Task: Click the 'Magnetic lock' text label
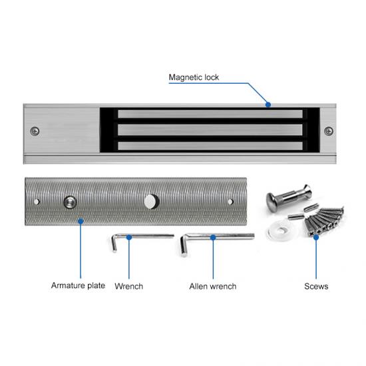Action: pyautogui.click(x=193, y=78)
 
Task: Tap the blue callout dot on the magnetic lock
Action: pyautogui.click(x=268, y=104)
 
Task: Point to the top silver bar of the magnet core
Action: pyautogui.click(x=209, y=114)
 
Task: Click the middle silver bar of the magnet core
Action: pyautogui.click(x=209, y=130)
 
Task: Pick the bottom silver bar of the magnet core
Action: pyautogui.click(x=209, y=145)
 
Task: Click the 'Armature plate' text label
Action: pyautogui.click(x=78, y=285)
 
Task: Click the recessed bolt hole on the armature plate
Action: pyautogui.click(x=69, y=202)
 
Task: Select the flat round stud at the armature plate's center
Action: pyautogui.click(x=152, y=200)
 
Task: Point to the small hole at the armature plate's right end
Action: pyautogui.click(x=230, y=201)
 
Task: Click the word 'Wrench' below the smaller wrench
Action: pyautogui.click(x=128, y=286)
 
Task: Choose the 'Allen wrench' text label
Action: pyautogui.click(x=212, y=286)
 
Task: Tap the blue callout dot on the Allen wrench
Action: pyautogui.click(x=212, y=237)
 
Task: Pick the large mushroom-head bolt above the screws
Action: pyautogui.click(x=282, y=198)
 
